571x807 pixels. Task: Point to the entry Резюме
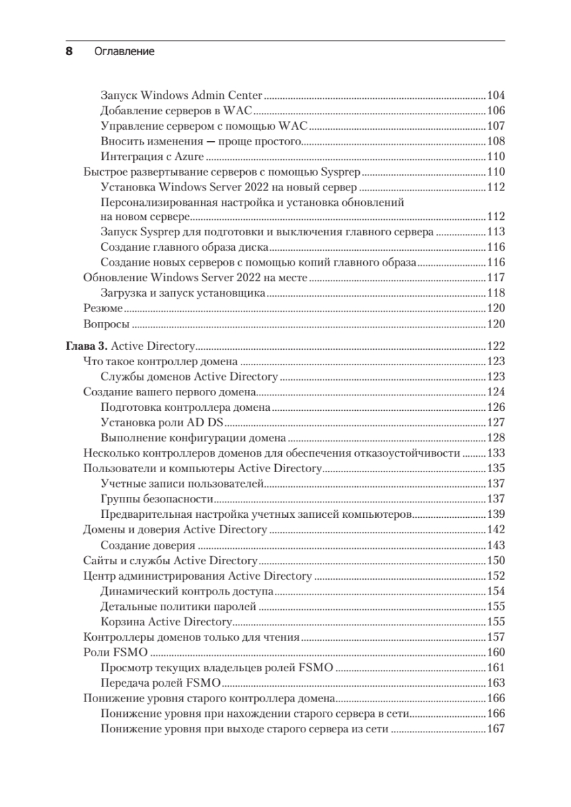(x=103, y=309)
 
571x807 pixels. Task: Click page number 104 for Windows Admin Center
(x=495, y=95)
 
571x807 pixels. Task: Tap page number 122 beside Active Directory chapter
(x=495, y=346)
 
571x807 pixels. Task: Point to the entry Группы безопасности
(x=157, y=498)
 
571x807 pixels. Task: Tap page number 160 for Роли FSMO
(x=495, y=652)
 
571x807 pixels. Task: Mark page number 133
(x=495, y=453)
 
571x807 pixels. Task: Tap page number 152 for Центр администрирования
(x=495, y=576)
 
